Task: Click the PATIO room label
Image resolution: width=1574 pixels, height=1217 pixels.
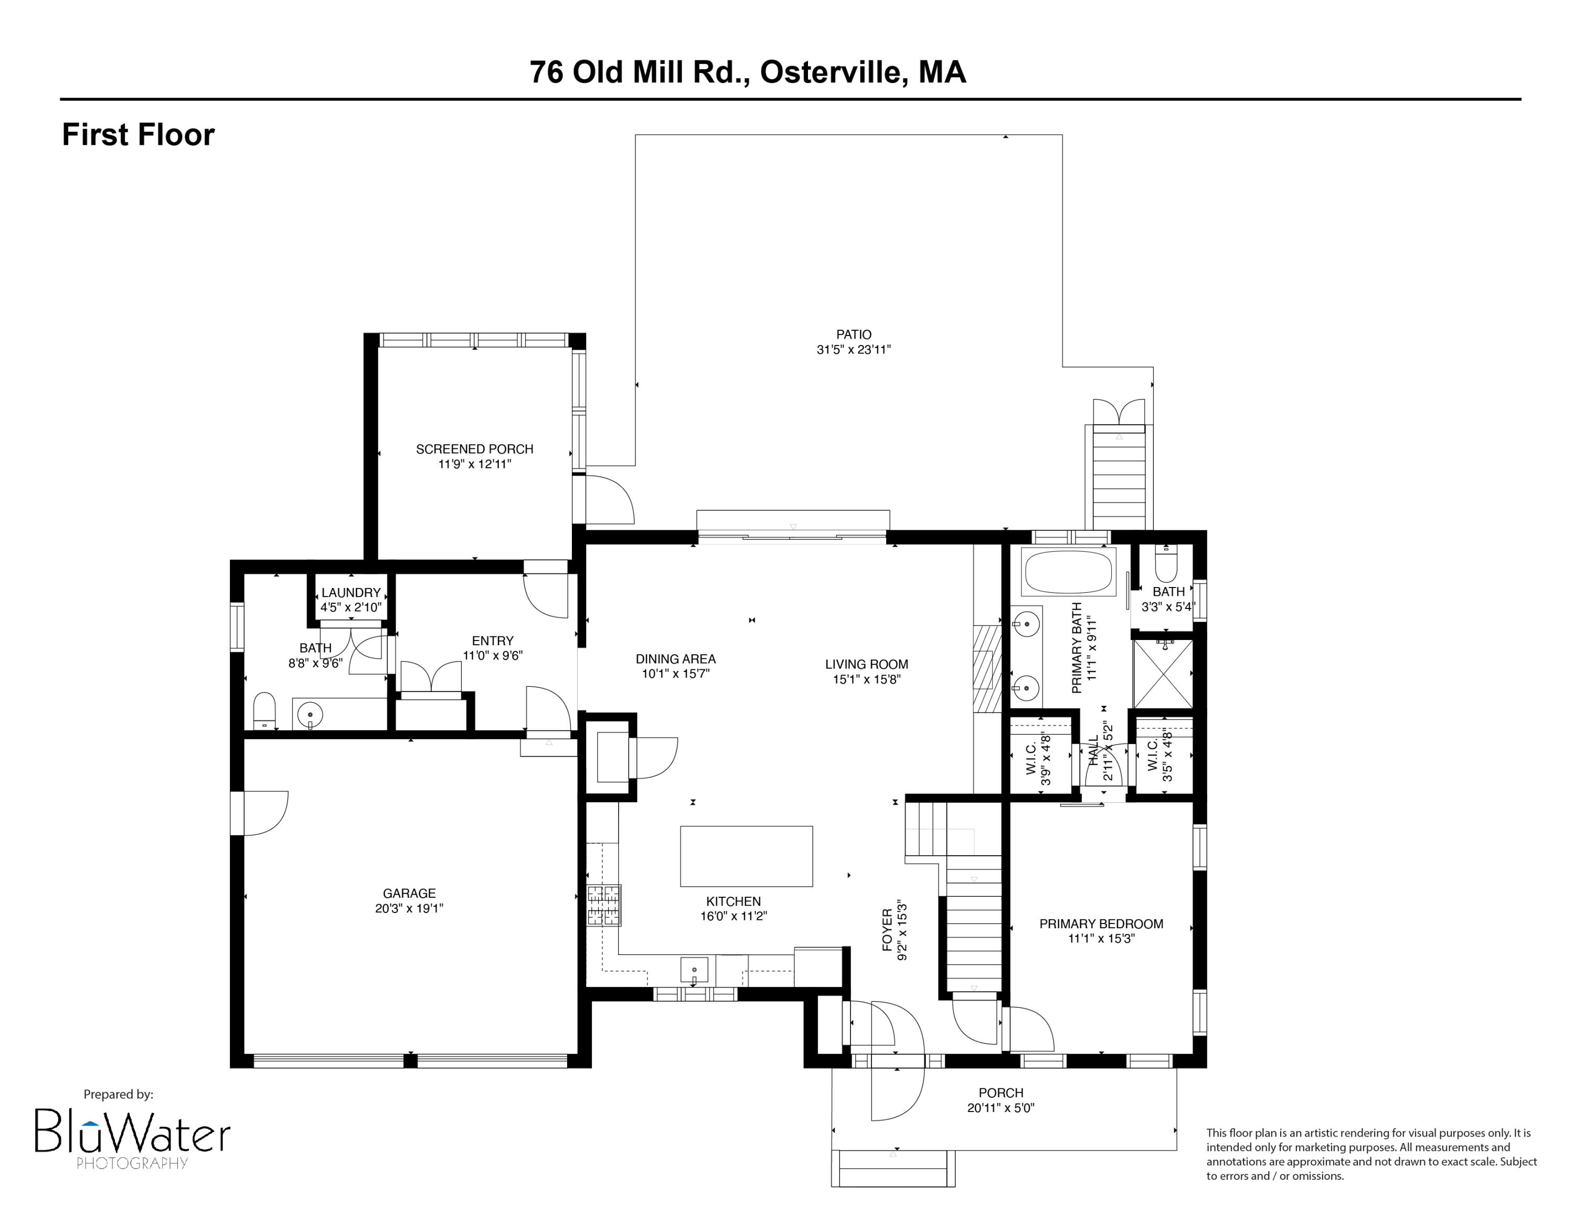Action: [x=853, y=334]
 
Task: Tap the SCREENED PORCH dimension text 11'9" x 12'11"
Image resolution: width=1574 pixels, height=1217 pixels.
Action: [x=474, y=464]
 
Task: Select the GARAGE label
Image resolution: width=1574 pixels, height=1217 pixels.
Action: [x=409, y=893]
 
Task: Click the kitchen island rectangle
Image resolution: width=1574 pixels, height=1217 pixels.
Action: [x=746, y=856]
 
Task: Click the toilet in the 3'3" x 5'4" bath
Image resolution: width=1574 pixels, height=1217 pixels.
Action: [x=1165, y=564]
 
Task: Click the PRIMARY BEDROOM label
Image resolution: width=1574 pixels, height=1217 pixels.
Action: [x=1101, y=924]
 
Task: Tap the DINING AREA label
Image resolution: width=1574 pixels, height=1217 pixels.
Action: [x=675, y=659]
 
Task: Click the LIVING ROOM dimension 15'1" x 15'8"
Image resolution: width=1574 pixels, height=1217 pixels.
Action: [x=866, y=679]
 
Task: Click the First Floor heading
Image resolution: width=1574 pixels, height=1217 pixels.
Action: [x=139, y=135]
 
